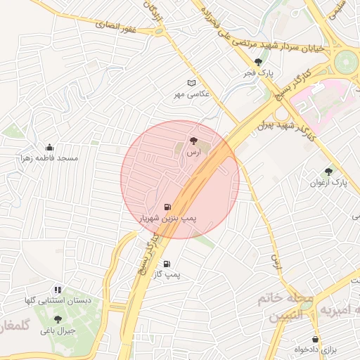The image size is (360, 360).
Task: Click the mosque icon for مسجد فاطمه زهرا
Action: pyautogui.click(x=49, y=147)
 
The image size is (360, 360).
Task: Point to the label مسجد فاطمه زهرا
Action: pyautogui.click(x=50, y=158)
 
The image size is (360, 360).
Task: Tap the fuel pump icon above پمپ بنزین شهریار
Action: pyautogui.click(x=167, y=207)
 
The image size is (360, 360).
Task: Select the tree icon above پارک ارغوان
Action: pyautogui.click(x=328, y=171)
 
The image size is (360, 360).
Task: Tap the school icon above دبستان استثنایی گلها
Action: pyautogui.click(x=58, y=289)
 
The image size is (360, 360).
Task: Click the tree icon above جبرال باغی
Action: pyautogui.click(x=58, y=319)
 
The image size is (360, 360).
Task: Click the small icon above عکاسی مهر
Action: pyautogui.click(x=192, y=82)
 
